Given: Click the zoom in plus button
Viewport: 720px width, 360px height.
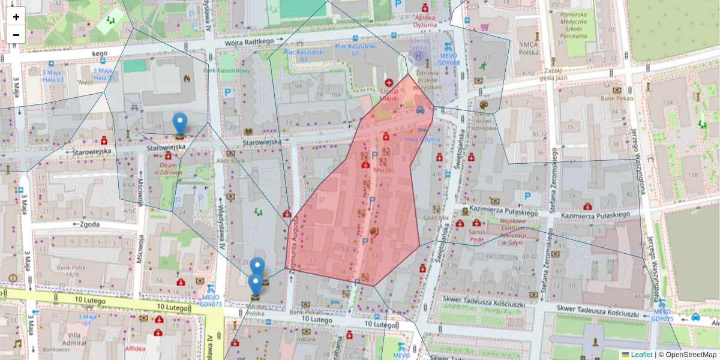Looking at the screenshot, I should [16, 17].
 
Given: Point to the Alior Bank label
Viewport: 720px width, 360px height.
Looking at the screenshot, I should [230, 161].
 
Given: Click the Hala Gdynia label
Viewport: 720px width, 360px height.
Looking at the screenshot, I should [422, 140].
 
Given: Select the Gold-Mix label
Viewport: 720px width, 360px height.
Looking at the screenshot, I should [436, 218].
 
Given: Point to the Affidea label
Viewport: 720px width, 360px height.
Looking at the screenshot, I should [135, 348].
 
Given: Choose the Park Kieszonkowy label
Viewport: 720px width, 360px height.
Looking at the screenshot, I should [226, 70].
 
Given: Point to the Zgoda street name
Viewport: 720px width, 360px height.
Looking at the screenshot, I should [88, 224].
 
